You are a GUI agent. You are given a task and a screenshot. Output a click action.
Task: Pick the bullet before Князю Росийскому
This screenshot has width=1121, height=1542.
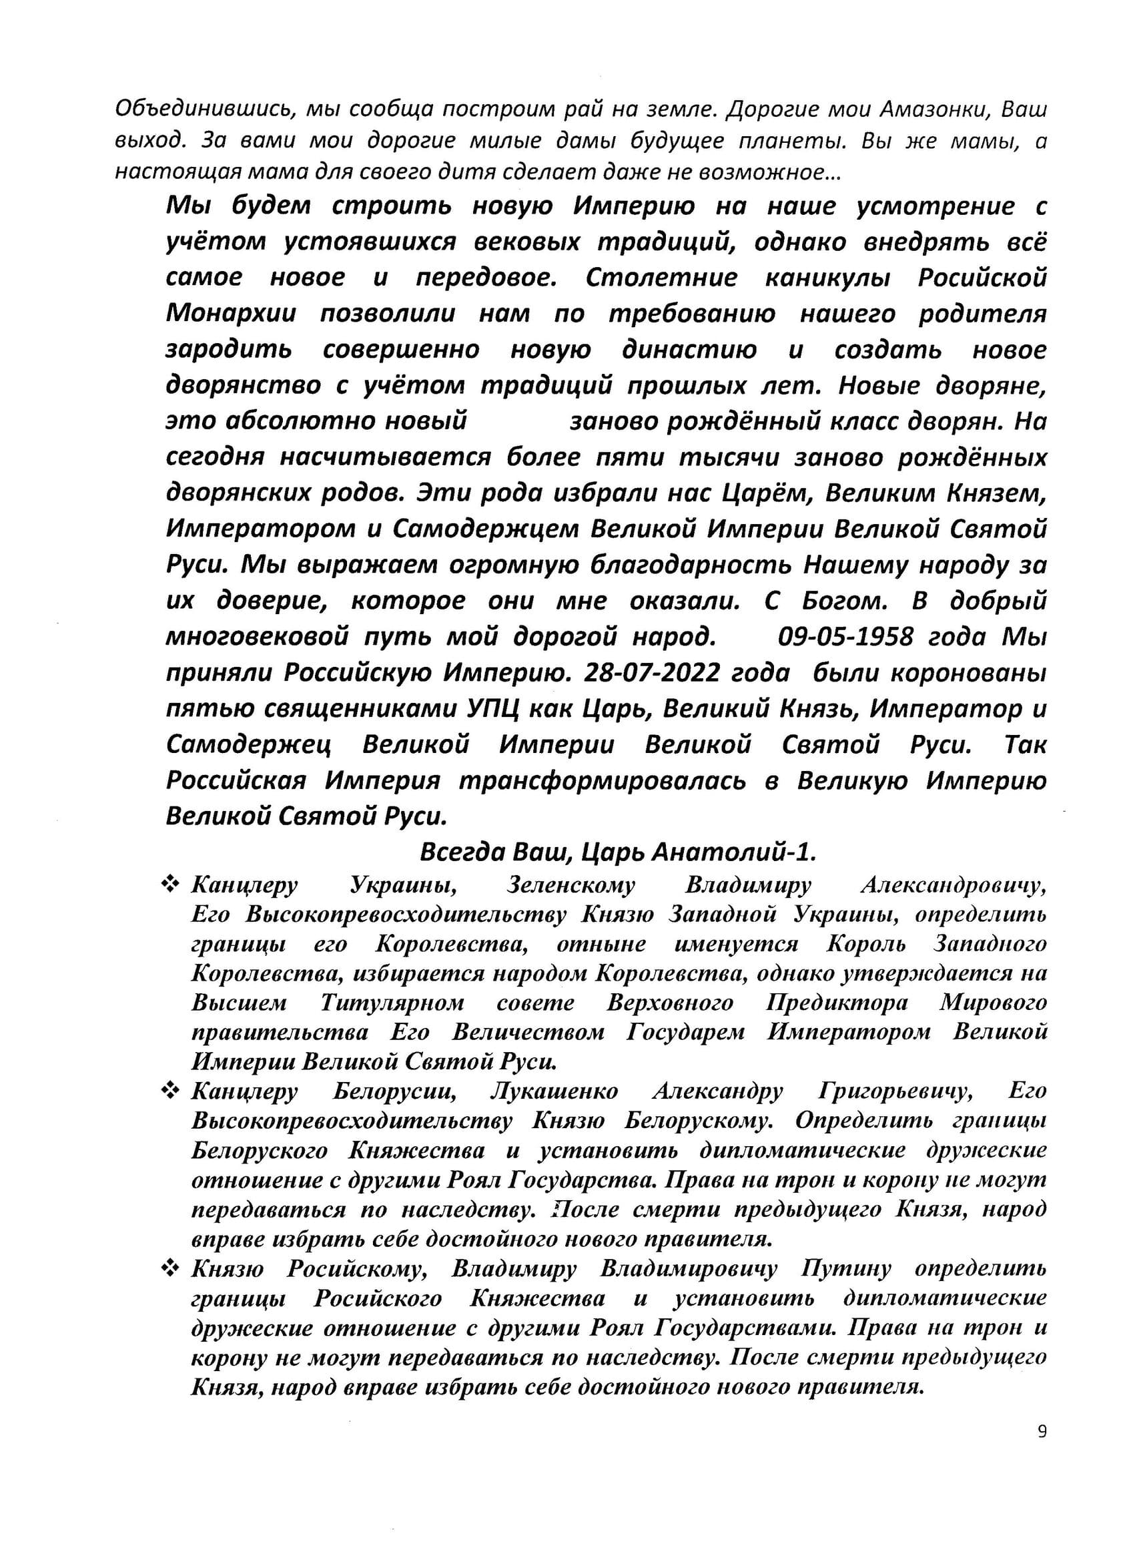(x=169, y=1268)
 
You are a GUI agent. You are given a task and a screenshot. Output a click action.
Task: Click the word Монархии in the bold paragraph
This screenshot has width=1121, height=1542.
(x=231, y=314)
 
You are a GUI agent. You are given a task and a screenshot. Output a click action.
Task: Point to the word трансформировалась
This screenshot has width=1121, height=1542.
(x=603, y=780)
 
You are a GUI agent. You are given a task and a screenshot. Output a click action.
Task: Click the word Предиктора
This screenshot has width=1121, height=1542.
(x=837, y=1003)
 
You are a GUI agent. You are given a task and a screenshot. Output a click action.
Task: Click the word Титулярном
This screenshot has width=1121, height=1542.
(x=392, y=1003)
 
